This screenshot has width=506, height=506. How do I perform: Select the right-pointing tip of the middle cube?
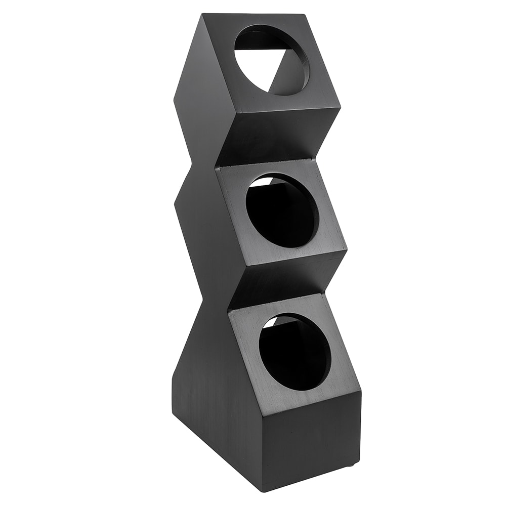click(x=347, y=249)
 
